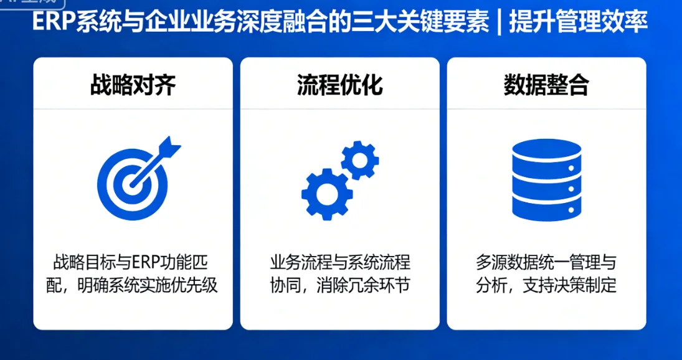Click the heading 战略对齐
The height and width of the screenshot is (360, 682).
pyautogui.click(x=133, y=85)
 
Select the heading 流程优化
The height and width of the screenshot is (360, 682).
pyautogui.click(x=339, y=85)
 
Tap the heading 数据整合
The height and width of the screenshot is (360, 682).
pyautogui.click(x=546, y=85)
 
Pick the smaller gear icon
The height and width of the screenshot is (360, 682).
pyautogui.click(x=359, y=160)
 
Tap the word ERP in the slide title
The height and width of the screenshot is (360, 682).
pyautogui.click(x=54, y=23)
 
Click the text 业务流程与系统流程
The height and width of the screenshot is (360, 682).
pyautogui.click(x=339, y=262)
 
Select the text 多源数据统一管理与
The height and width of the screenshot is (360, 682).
pyautogui.click(x=546, y=262)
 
